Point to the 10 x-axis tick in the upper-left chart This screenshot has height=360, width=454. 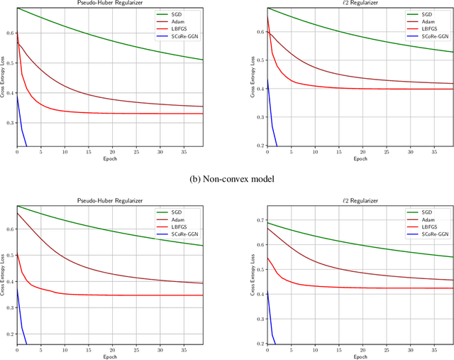(x=65, y=151)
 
